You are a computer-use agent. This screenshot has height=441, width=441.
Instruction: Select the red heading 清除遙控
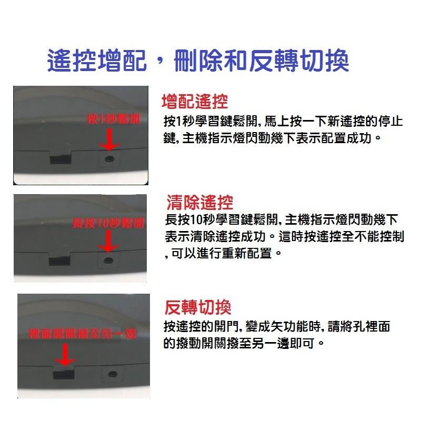[x=199, y=202]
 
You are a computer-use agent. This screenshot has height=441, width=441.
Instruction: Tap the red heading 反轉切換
[x=198, y=307]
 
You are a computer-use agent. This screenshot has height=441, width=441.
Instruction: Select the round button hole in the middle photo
[x=109, y=260]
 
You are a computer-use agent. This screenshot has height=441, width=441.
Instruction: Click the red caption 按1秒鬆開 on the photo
[x=113, y=119]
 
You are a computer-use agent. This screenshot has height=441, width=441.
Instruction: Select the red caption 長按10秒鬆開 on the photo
[x=108, y=224]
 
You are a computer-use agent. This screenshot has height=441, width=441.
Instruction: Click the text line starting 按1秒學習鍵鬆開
[x=283, y=122]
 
